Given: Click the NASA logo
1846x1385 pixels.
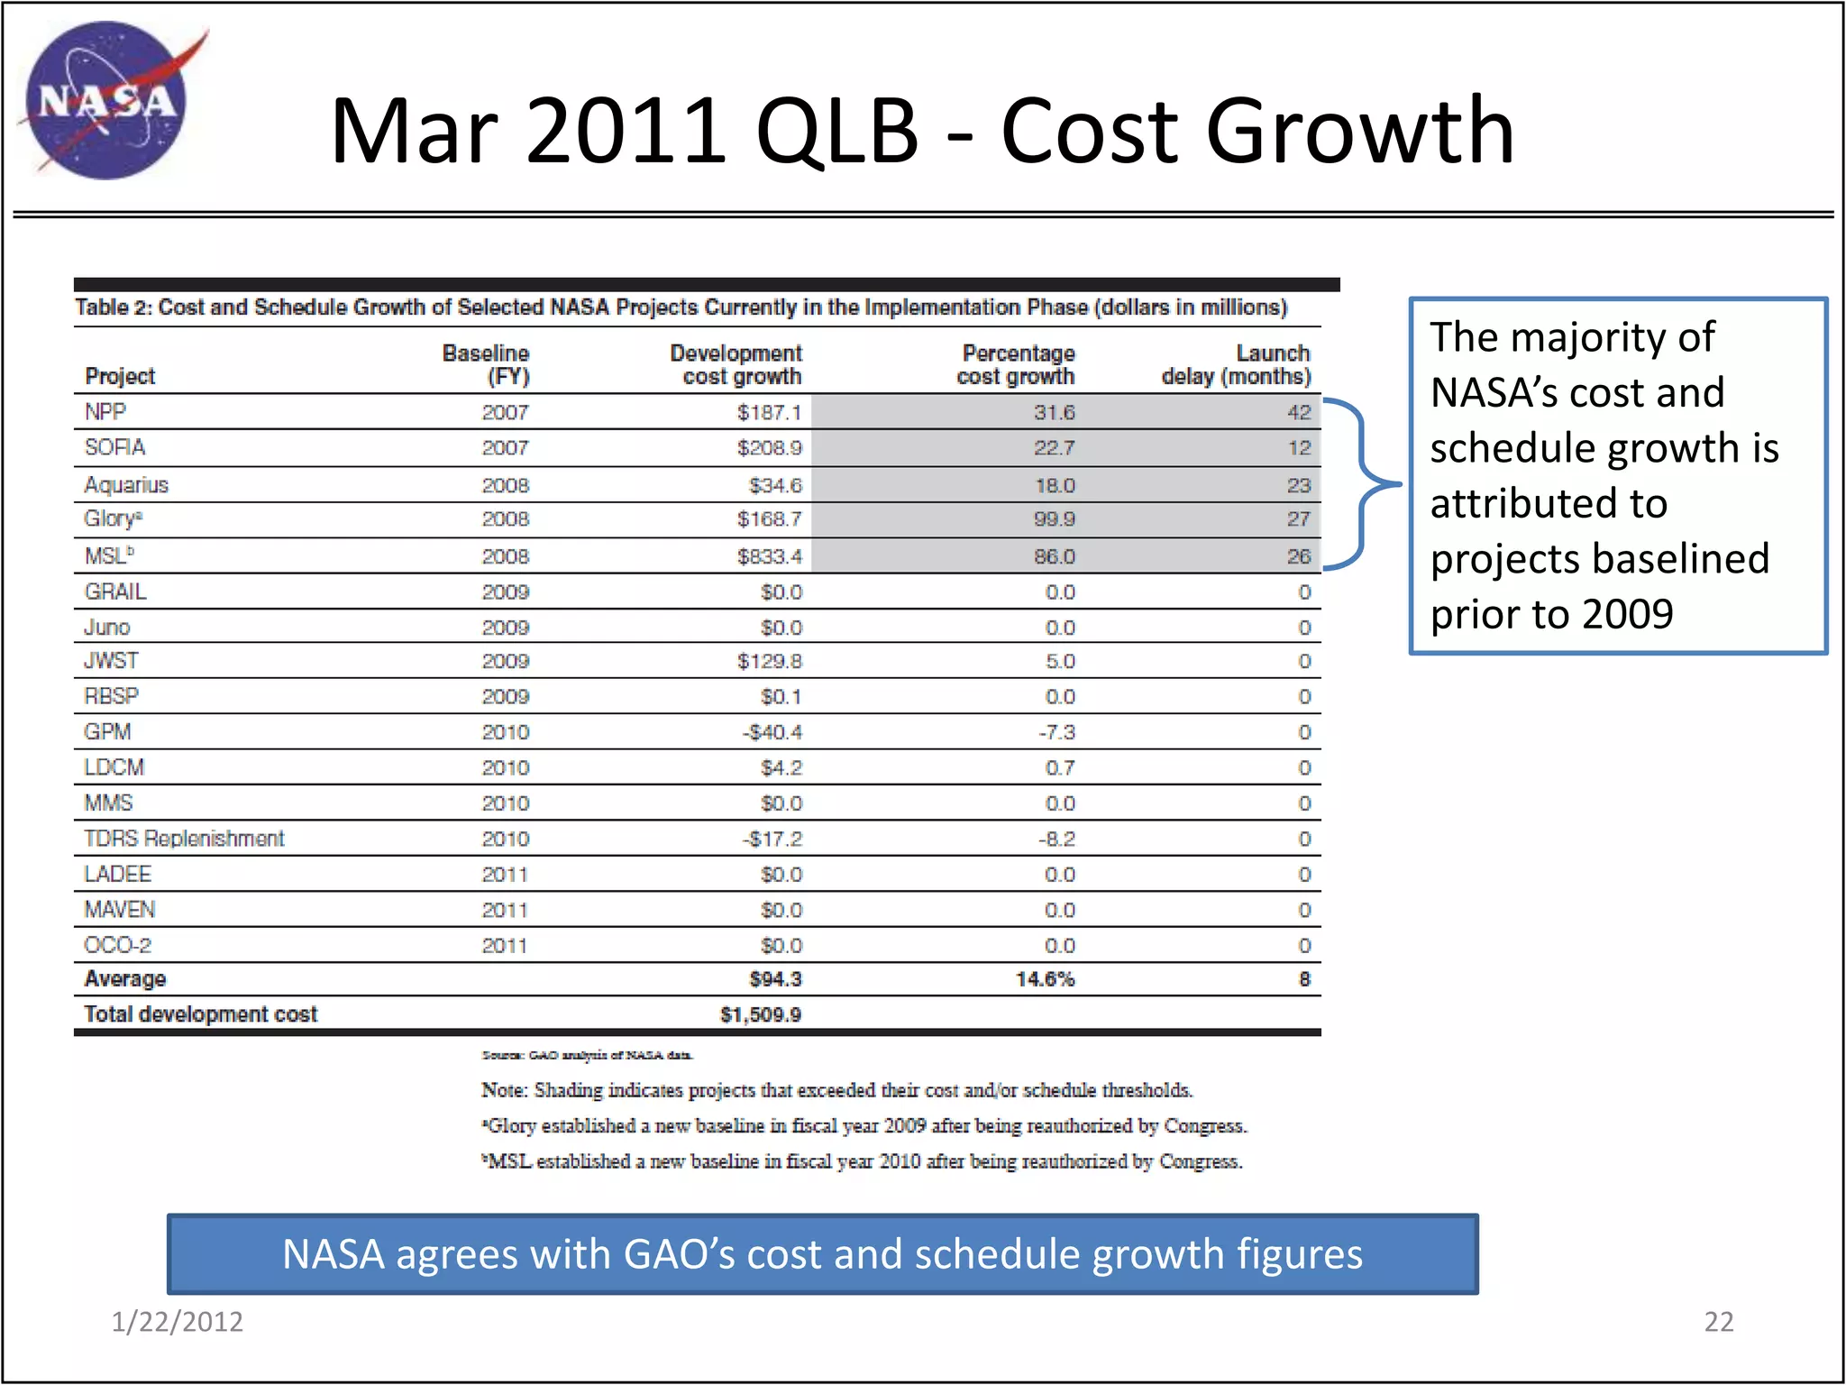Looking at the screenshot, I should click(106, 100).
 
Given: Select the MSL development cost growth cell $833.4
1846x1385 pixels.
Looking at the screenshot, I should click(769, 556).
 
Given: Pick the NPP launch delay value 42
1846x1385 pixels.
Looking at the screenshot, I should click(1298, 412).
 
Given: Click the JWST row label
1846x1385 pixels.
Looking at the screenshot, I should click(111, 661).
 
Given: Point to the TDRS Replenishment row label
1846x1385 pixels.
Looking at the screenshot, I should click(184, 839).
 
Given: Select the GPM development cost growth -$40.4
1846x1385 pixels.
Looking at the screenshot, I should click(772, 732).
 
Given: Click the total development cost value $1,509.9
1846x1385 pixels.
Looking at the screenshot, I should click(760, 1014).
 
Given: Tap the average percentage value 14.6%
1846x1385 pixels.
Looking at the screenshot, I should click(1045, 979).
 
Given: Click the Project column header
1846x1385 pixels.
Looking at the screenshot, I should click(120, 376).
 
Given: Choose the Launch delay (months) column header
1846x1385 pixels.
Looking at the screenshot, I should click(1236, 364).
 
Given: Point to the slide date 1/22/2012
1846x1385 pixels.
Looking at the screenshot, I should click(177, 1321).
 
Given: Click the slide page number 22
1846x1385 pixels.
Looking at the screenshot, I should click(1718, 1321).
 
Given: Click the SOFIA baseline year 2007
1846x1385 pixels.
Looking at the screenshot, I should click(505, 448).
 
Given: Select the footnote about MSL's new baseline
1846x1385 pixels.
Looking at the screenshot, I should click(863, 1161).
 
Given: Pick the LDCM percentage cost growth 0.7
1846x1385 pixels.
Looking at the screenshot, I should click(1060, 767).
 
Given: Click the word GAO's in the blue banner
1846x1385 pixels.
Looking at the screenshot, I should click(679, 1254).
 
